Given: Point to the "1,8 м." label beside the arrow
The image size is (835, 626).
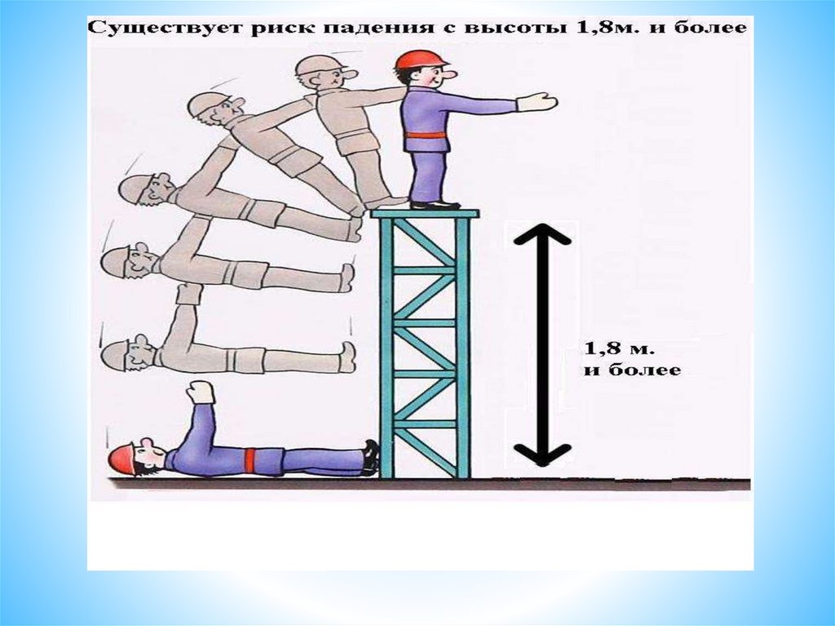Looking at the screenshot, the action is (618, 349).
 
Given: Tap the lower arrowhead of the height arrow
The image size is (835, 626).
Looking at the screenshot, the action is (542, 455).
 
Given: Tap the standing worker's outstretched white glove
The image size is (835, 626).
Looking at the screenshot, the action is (537, 102).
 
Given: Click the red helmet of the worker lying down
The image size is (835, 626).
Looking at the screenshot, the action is (121, 458).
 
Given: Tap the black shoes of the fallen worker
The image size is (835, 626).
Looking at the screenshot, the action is (371, 457).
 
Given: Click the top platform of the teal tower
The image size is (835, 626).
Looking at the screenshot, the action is (424, 214).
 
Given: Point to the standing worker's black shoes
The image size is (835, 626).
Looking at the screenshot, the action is (435, 204).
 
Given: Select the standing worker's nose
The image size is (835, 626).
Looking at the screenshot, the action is (449, 73).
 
